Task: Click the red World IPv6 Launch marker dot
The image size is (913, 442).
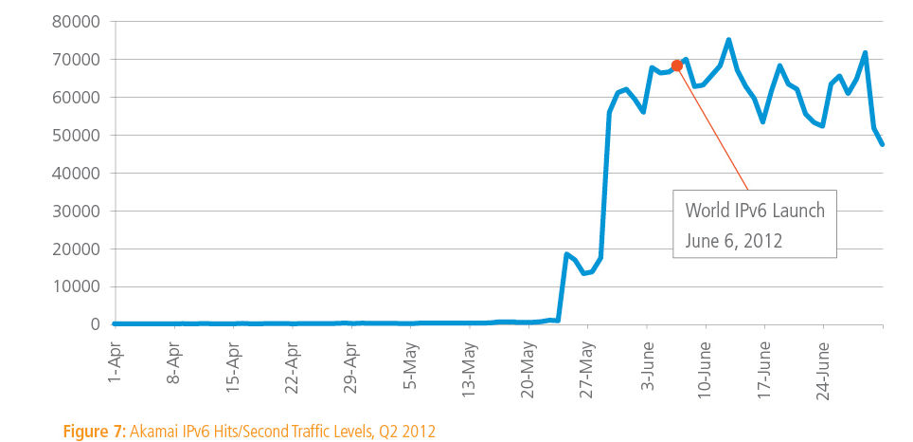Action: tap(676, 65)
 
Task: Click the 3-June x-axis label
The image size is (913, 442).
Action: tap(647, 359)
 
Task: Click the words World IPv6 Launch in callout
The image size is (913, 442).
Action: tap(755, 211)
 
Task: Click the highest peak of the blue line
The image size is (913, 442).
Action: tap(728, 40)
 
